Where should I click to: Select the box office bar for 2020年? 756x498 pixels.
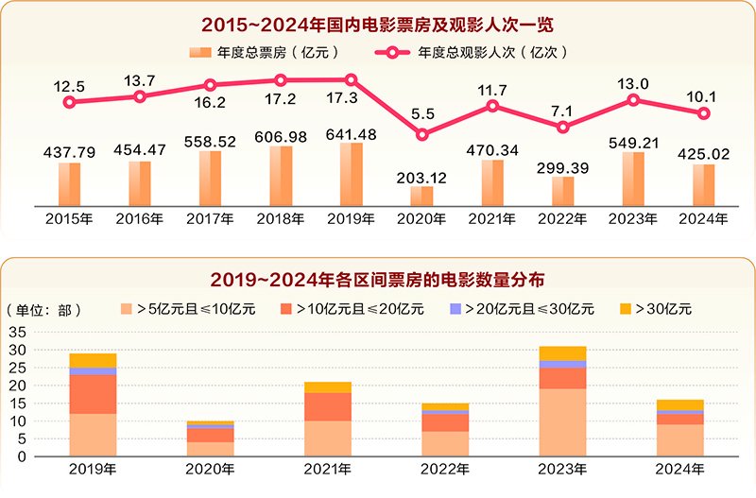point(421,196)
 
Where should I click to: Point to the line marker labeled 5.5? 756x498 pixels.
point(421,134)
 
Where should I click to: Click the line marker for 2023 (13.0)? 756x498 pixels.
point(633,99)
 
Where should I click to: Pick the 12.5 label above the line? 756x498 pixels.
point(69,86)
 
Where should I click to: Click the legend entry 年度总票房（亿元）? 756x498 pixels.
point(264,53)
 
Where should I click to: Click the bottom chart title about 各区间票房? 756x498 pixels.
point(377,280)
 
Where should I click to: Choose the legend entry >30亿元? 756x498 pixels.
point(656,308)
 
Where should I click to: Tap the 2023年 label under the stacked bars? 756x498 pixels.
point(562,469)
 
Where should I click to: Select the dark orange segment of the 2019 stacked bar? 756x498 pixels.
point(93,394)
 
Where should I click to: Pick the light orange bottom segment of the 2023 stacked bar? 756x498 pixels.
point(562,422)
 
